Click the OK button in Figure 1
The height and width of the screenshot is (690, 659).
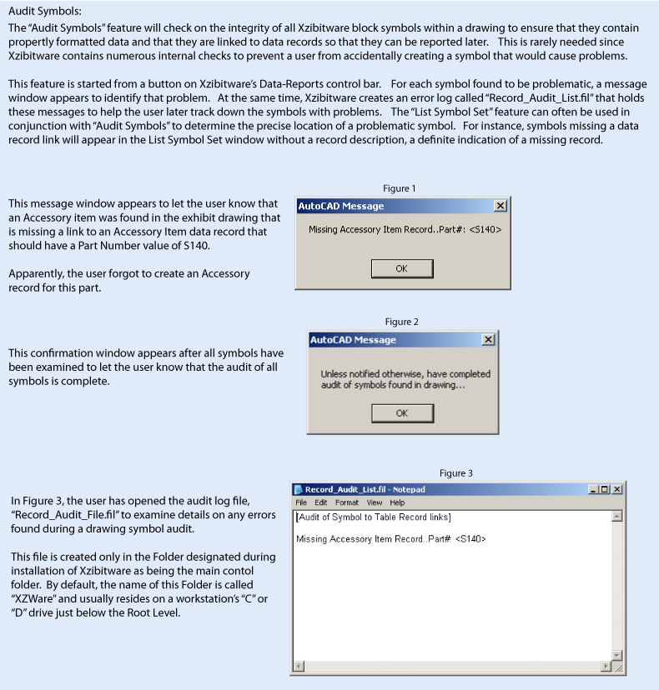click(x=401, y=268)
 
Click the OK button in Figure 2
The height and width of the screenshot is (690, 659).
click(x=401, y=413)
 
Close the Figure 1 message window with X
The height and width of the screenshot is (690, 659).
click(x=500, y=206)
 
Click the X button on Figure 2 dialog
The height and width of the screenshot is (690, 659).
click(x=488, y=340)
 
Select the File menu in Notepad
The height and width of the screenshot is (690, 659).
click(x=301, y=502)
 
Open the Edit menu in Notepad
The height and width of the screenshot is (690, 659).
click(x=321, y=502)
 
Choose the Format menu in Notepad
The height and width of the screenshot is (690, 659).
click(x=346, y=502)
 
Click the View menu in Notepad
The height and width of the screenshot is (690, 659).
click(x=375, y=502)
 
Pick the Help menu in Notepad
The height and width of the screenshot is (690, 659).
click(x=397, y=502)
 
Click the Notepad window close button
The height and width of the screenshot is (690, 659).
click(x=616, y=489)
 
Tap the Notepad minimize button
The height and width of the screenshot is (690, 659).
click(x=593, y=489)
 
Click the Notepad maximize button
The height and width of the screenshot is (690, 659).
click(x=605, y=489)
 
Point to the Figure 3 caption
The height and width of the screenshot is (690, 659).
click(x=455, y=472)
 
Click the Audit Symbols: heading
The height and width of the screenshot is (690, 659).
click(x=45, y=12)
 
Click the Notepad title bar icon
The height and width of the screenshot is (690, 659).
click(x=299, y=490)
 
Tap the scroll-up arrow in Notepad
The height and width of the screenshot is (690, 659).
click(x=616, y=517)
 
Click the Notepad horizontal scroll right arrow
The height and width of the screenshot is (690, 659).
click(x=606, y=667)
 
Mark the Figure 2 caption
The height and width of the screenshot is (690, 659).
click(x=401, y=322)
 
